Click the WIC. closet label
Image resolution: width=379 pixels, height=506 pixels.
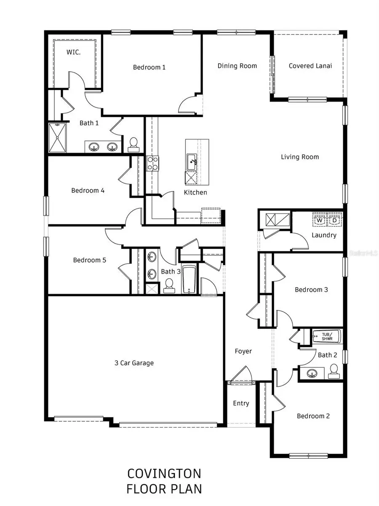pyautogui.click(x=73, y=53)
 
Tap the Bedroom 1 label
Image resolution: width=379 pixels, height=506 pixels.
pyautogui.click(x=149, y=67)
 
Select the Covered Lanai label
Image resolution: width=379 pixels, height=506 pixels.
pyautogui.click(x=310, y=66)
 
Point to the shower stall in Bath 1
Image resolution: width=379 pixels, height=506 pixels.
pyautogui.click(x=57, y=138)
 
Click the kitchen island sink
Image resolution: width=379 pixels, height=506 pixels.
pyautogui.click(x=192, y=161)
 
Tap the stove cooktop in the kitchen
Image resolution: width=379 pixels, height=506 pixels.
pyautogui.click(x=152, y=163)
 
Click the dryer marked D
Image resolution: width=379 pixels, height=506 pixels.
pyautogui.click(x=335, y=220)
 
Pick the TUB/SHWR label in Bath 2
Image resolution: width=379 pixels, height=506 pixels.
pyautogui.click(x=327, y=336)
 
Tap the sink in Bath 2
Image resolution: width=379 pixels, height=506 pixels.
pyautogui.click(x=312, y=374)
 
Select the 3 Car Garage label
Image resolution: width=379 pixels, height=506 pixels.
pyautogui.click(x=134, y=363)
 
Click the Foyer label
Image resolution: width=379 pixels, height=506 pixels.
pyautogui.click(x=243, y=351)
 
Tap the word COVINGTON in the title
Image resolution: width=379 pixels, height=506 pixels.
pyautogui.click(x=164, y=474)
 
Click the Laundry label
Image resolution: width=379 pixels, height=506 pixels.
pyautogui.click(x=324, y=235)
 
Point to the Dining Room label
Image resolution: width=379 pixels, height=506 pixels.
pyautogui.click(x=237, y=66)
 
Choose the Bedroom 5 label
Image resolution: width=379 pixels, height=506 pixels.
pyautogui.click(x=89, y=260)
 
